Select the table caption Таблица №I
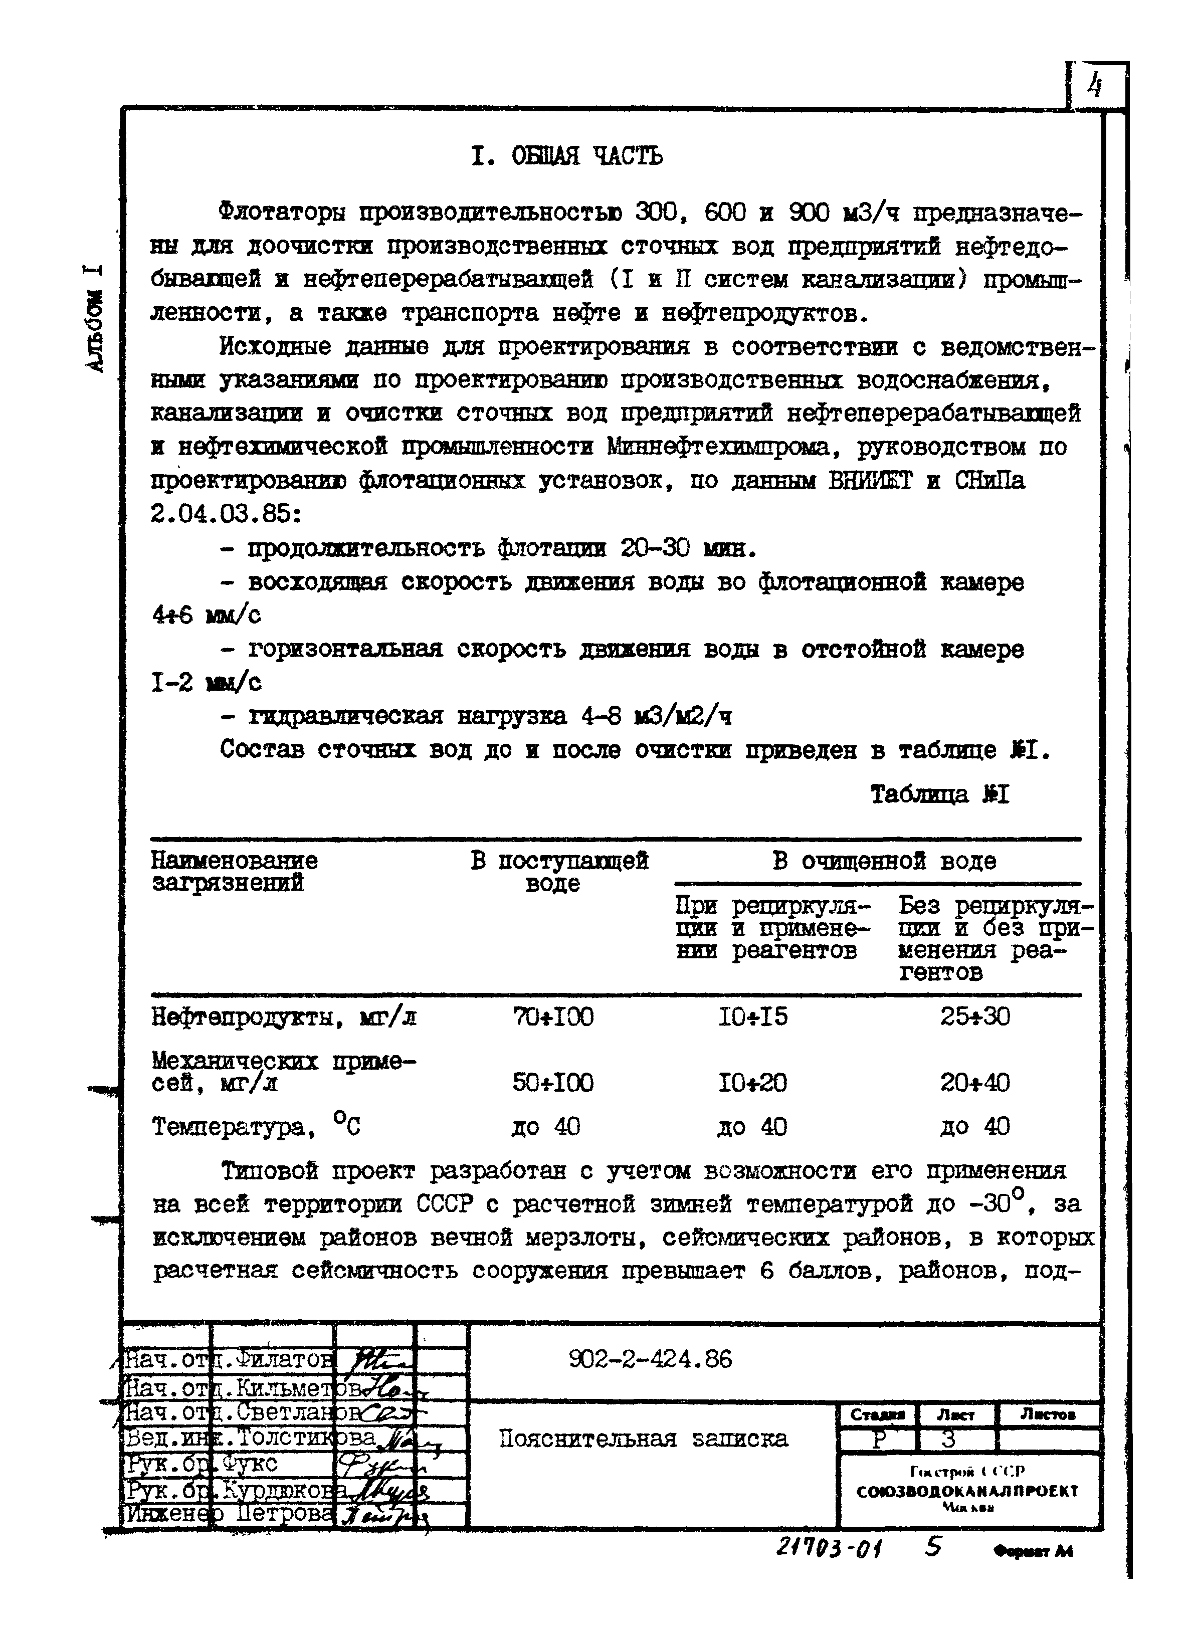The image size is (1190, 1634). tap(939, 794)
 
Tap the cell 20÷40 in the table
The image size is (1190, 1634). tap(974, 1083)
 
